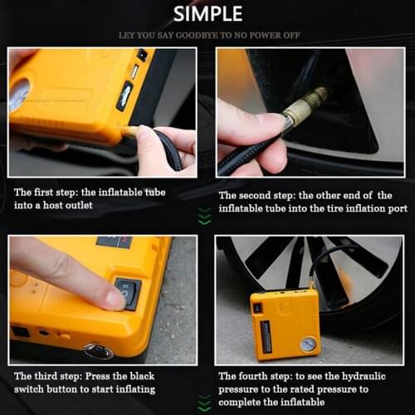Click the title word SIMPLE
pos(207,13)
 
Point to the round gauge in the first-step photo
pos(19,94)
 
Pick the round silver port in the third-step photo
pos(98,351)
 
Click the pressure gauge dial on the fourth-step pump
pos(307,341)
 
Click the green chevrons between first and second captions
pos(205,217)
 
